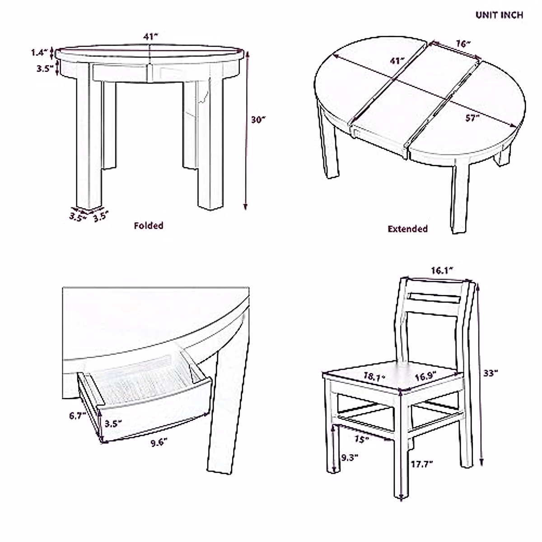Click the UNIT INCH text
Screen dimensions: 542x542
tap(499, 15)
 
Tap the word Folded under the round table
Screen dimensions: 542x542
tap(148, 225)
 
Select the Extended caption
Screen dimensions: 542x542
tap(407, 229)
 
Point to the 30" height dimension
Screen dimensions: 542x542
tap(258, 119)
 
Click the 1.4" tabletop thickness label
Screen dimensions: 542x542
tap(39, 52)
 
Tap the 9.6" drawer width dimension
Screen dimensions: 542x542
tap(159, 443)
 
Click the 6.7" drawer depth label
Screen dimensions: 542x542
tap(78, 416)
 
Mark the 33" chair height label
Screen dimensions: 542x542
tap(491, 373)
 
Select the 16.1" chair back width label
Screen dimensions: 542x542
tap(442, 271)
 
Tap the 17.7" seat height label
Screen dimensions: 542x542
tap(422, 463)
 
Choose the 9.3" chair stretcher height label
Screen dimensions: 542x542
tap(349, 457)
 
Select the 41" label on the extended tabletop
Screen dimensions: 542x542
tap(397, 61)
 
